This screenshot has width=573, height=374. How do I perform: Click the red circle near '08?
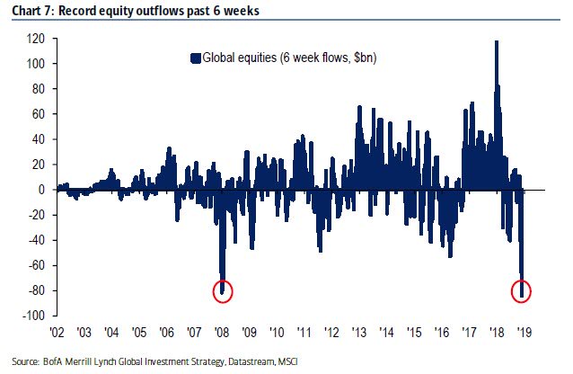[224, 290]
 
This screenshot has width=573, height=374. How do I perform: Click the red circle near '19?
[522, 290]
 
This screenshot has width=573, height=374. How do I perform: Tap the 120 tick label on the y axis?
[37, 40]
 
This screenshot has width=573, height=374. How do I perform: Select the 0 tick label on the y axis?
[41, 190]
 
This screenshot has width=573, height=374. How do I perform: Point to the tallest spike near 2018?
[497, 41]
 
